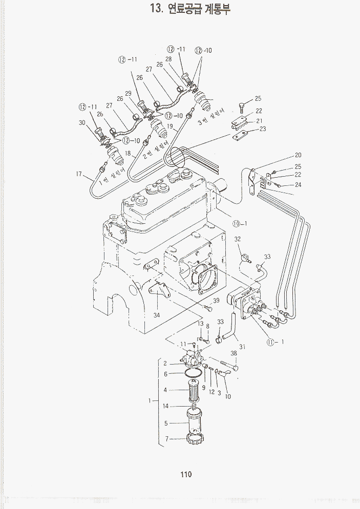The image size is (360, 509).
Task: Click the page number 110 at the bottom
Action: click(185, 474)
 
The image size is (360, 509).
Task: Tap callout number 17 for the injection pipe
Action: click(79, 174)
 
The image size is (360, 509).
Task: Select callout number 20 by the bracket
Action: click(298, 155)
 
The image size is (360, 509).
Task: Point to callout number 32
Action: click(238, 239)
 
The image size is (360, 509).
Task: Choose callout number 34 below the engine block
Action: click(157, 315)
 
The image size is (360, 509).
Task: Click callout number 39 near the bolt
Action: click(217, 301)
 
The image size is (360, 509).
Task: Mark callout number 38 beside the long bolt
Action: click(234, 353)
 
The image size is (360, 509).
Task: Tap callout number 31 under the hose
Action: click(243, 347)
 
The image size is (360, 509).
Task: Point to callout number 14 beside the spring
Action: click(165, 406)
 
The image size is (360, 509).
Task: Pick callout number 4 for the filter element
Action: click(165, 390)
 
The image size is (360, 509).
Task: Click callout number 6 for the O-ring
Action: click(165, 374)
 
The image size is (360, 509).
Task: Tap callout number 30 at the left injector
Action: click(82, 123)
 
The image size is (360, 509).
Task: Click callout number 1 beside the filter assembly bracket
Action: click(150, 401)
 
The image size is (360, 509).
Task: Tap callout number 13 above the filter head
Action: click(201, 324)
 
